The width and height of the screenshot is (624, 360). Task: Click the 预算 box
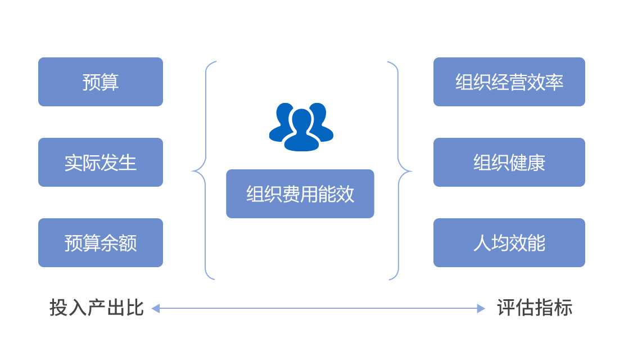(101, 82)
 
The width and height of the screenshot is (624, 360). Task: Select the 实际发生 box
(101, 163)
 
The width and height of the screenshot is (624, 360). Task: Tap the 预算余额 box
(101, 243)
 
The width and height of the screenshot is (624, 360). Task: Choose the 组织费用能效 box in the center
(300, 194)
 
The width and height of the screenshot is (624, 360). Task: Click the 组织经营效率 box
(509, 82)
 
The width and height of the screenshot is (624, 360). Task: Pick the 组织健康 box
(509, 163)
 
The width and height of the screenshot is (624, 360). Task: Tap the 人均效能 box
(509, 243)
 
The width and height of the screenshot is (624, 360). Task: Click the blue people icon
(301, 127)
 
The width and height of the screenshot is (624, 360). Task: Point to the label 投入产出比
(96, 308)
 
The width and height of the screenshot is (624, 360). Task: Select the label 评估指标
(535, 308)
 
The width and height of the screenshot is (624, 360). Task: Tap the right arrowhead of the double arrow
(481, 308)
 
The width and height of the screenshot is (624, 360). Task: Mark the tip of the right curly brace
(410, 170)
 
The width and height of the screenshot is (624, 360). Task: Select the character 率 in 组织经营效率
(554, 82)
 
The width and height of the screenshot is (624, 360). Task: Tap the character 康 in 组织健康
(536, 163)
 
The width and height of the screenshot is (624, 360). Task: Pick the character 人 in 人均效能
(482, 243)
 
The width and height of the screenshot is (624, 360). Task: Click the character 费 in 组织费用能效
(291, 194)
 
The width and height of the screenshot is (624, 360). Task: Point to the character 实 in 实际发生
(74, 163)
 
